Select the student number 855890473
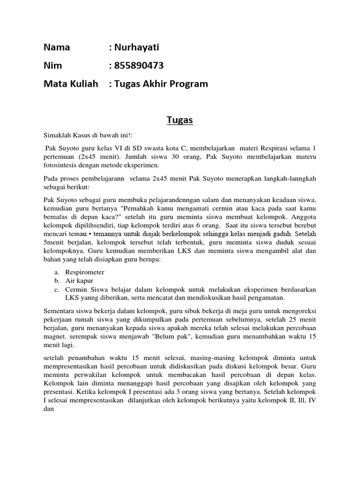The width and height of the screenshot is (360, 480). (139, 66)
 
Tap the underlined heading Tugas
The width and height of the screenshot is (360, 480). (180, 120)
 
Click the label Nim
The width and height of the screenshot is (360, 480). (52, 66)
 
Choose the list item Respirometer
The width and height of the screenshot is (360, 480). (85, 272)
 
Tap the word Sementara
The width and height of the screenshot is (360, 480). (59, 310)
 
